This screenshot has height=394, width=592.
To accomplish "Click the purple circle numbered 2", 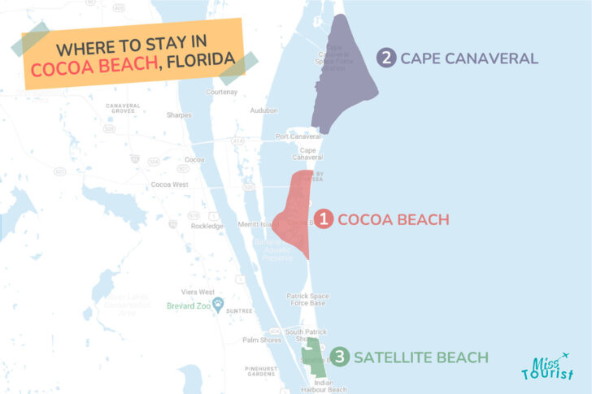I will click(x=386, y=58).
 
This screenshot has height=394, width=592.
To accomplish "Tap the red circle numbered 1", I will click(x=324, y=219).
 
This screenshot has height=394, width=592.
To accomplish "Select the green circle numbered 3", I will click(x=342, y=357).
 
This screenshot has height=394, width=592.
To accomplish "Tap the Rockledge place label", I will click(x=206, y=226).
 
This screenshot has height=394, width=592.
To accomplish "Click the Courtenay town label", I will click(x=221, y=92).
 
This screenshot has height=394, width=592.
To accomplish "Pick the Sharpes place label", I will click(x=179, y=115).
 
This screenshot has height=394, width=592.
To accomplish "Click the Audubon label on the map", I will click(x=263, y=110).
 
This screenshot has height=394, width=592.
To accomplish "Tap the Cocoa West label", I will click(x=170, y=184).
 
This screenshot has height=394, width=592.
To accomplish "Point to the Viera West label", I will click(x=196, y=292).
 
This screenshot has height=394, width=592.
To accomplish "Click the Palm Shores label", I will click(x=261, y=340).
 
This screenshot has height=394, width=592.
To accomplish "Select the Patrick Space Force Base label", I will click(x=306, y=299).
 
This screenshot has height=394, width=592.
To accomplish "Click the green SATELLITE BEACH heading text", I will click(x=421, y=357).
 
